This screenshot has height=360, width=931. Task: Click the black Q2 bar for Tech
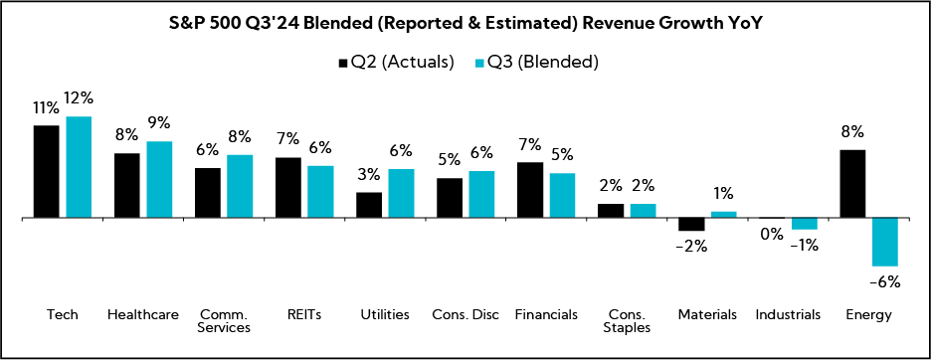tap(47, 171)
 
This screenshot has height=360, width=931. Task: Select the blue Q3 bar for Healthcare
tap(159, 179)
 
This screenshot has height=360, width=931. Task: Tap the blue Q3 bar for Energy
tap(885, 242)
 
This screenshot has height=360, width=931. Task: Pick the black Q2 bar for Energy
tap(853, 183)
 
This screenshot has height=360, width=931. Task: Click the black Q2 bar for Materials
tap(691, 224)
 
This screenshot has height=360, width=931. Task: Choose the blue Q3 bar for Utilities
tap(401, 193)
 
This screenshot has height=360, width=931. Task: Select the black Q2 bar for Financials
tap(530, 189)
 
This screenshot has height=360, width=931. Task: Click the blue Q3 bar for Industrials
tap(804, 224)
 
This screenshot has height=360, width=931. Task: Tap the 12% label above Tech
tap(79, 98)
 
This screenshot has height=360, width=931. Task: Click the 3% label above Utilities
tap(369, 175)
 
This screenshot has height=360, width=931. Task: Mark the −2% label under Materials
tap(690, 247)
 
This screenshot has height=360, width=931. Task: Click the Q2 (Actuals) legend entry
tap(394, 62)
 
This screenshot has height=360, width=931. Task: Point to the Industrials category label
tap(788, 314)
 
